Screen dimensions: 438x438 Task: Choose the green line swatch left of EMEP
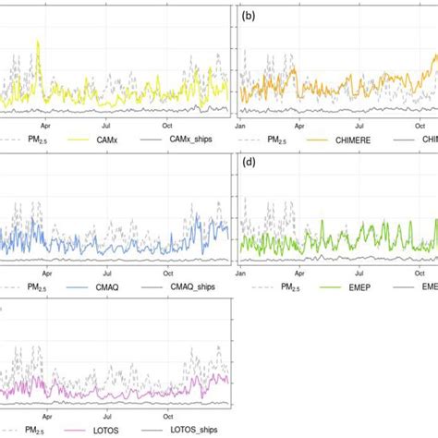coord(310,286)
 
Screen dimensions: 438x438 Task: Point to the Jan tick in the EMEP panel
coord(240,273)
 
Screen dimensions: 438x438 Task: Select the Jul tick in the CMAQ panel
coord(107,273)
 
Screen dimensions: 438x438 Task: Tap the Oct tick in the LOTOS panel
coord(168,417)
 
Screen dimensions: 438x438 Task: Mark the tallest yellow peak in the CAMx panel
coord(38,42)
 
